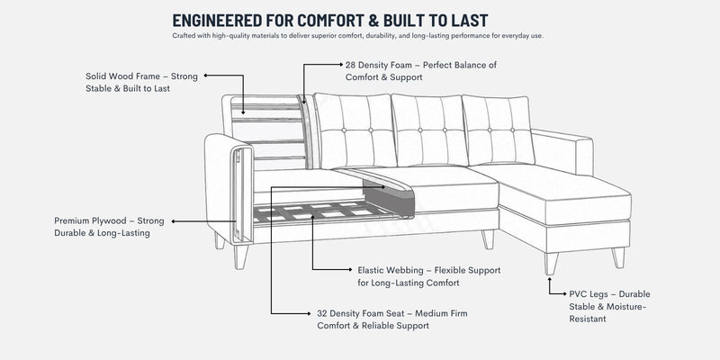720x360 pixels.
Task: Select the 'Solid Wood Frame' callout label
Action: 141,82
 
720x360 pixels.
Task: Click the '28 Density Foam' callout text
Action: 421,71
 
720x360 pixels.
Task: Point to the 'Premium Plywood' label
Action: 109,227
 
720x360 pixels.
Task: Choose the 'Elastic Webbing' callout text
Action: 429,276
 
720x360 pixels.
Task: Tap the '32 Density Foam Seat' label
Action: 392,319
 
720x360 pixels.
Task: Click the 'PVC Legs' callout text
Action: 609,306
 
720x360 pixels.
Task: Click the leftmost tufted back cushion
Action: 355,130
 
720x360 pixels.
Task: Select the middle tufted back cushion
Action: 429,130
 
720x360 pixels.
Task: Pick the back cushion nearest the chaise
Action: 499,130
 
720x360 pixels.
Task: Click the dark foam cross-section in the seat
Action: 390,197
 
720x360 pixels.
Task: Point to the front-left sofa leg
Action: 240,256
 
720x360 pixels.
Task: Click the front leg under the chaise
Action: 551,263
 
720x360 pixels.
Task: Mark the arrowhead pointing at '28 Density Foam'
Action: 340,65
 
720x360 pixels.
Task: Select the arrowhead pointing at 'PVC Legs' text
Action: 564,293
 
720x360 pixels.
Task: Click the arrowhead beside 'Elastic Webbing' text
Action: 352,269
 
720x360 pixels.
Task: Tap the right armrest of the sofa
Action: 562,151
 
